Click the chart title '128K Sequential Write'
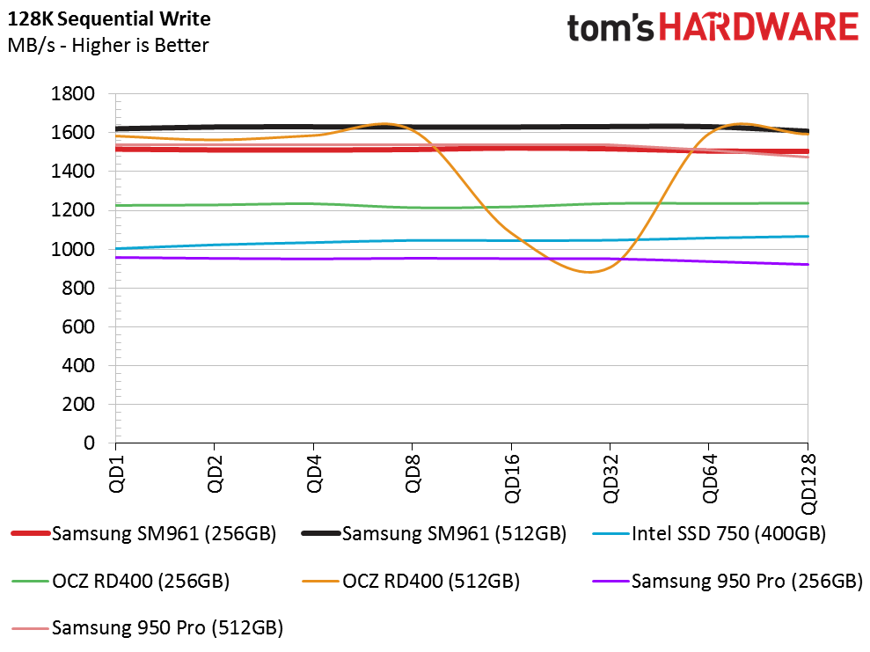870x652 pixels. [109, 18]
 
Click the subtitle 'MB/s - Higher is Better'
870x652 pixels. [108, 45]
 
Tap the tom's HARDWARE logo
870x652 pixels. [713, 27]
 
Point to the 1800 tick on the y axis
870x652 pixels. [73, 93]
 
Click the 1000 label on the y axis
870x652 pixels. [73, 249]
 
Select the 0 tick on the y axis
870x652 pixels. [90, 443]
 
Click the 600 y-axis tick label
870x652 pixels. [78, 326]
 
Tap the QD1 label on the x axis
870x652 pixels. [116, 473]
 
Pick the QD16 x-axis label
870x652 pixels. [512, 479]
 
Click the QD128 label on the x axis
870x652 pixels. [808, 484]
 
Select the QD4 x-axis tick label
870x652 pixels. [314, 473]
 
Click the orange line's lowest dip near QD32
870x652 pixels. [589, 272]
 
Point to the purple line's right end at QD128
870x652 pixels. [808, 265]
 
